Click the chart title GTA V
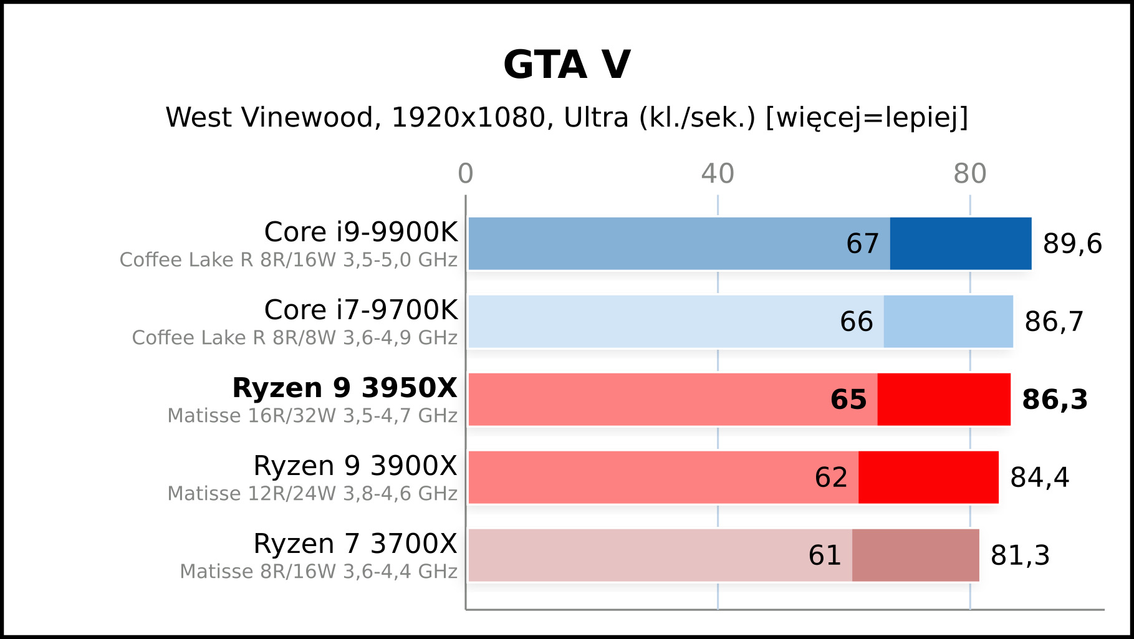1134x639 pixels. [567, 65]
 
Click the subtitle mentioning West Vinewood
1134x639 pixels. [567, 117]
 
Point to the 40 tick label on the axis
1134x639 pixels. [718, 174]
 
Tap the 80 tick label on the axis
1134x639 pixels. [969, 174]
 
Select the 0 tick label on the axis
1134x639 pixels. [466, 174]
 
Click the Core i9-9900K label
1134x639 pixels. [361, 232]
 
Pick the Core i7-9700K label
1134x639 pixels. [361, 310]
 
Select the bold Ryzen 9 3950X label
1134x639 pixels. [345, 388]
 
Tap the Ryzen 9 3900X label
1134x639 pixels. [355, 466]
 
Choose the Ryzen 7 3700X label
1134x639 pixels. [355, 544]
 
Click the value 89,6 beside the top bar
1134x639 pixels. [1072, 244]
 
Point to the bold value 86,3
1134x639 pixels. [1055, 400]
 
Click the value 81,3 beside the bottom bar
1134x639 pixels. [1020, 555]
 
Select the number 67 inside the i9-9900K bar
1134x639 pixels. [862, 244]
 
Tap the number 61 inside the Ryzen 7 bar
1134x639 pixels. [825, 555]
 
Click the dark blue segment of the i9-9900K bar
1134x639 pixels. [961, 244]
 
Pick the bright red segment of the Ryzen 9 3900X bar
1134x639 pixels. [928, 478]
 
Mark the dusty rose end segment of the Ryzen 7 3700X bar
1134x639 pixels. [915, 555]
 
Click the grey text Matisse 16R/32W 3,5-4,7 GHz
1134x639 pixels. [312, 416]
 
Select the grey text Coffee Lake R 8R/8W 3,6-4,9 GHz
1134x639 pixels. [295, 338]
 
